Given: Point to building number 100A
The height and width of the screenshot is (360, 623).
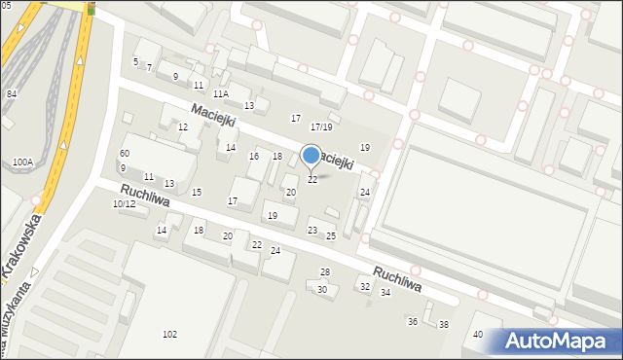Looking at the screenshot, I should (22, 162).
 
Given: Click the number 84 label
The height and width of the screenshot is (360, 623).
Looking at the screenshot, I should (12, 93).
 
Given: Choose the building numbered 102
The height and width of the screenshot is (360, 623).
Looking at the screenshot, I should (169, 335).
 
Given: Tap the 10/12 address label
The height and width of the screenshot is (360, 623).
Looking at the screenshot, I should (124, 203).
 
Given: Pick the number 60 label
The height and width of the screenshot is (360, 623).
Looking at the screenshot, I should (124, 154).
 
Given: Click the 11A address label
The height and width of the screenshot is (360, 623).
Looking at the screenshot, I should (221, 93).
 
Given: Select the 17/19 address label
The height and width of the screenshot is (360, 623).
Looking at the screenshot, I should (321, 126).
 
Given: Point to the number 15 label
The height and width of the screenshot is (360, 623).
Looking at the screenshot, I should (197, 192).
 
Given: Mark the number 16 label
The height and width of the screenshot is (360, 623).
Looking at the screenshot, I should (254, 157).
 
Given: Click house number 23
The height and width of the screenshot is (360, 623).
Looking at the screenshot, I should (312, 230).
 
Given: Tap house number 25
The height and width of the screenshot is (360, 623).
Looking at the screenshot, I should (331, 235).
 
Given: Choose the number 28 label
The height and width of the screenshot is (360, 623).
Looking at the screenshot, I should (325, 272).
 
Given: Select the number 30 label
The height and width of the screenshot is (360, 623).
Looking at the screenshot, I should (322, 289).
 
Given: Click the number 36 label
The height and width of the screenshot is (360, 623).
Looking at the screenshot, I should (412, 321).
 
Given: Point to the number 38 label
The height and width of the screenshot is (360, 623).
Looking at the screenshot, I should (444, 324).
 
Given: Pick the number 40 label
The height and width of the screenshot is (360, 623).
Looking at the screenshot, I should (478, 334).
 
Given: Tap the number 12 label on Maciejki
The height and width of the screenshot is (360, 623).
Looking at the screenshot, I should (182, 127).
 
